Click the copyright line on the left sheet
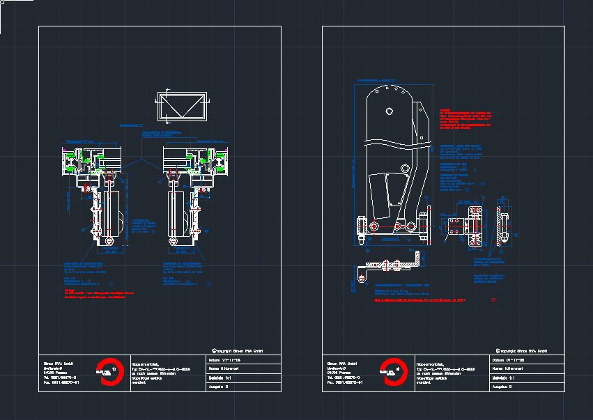click(x=237, y=350)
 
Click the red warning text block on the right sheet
click(x=466, y=119)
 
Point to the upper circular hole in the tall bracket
click(x=389, y=111)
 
